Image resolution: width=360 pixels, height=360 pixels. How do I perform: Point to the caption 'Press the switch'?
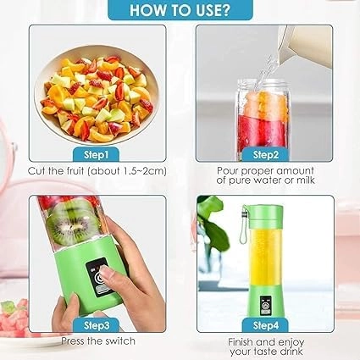coord(95,342)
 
